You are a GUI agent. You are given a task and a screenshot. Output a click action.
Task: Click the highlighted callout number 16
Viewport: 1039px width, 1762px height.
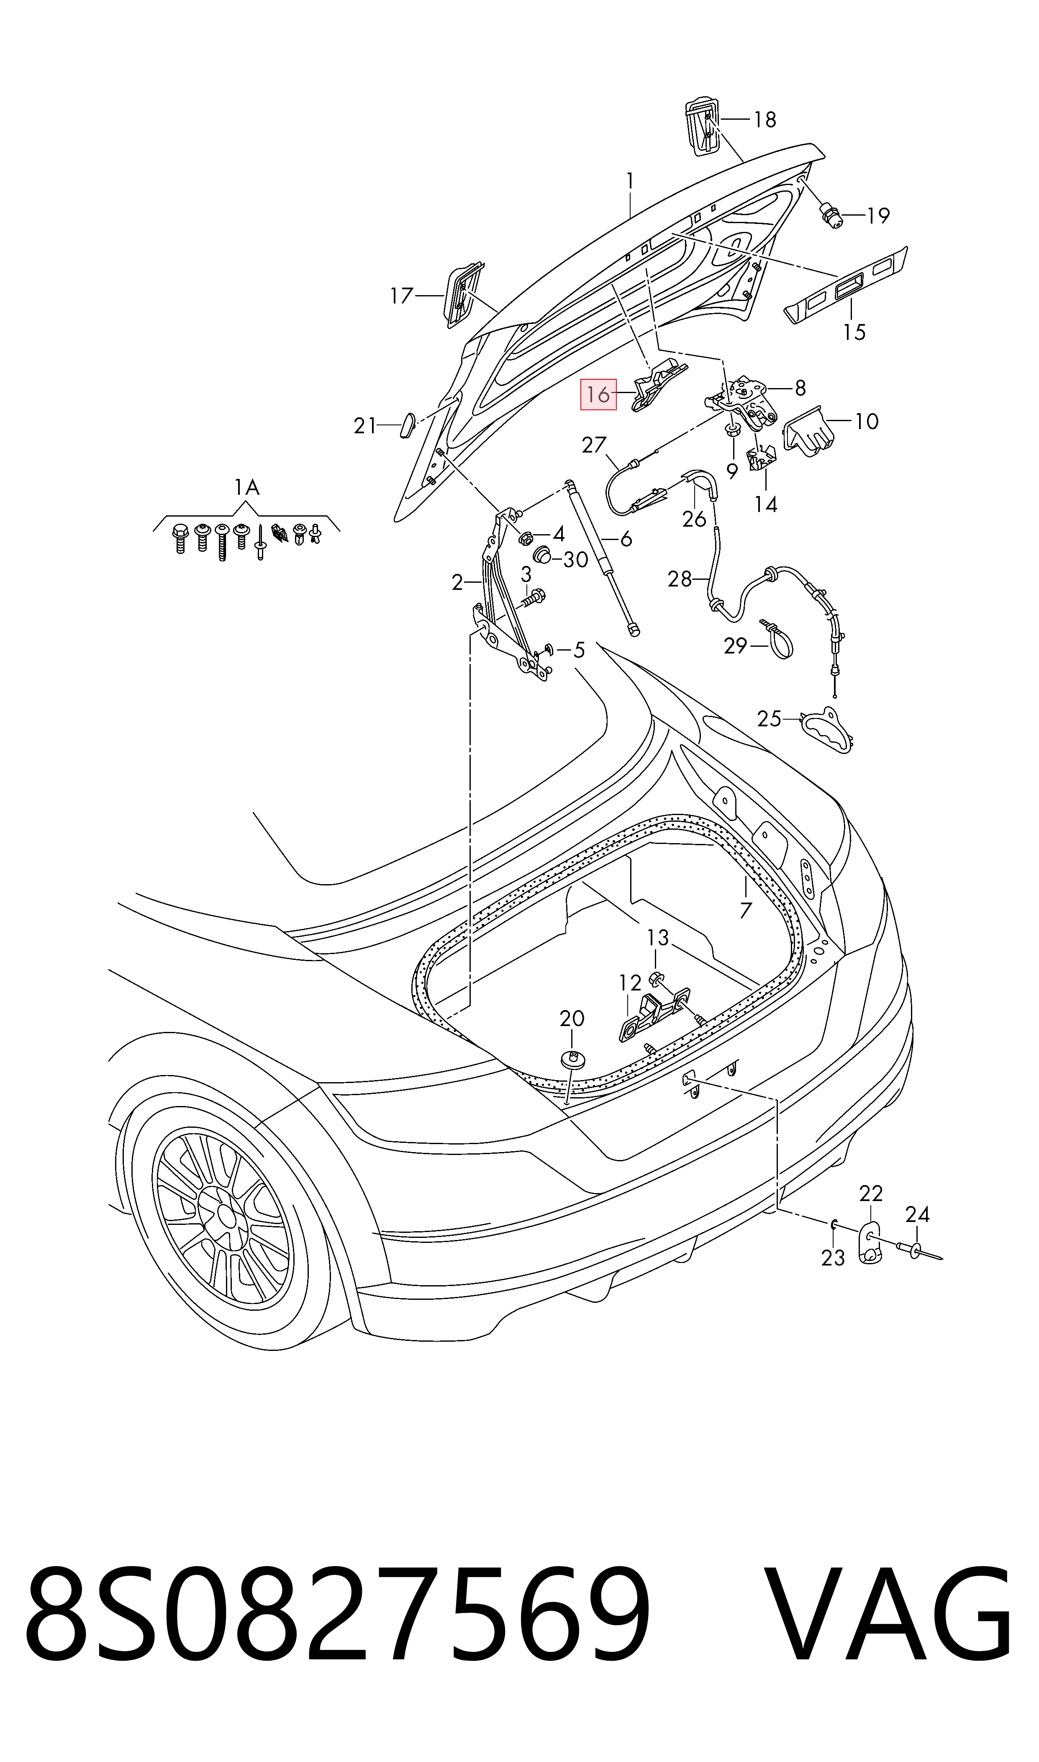[x=598, y=395]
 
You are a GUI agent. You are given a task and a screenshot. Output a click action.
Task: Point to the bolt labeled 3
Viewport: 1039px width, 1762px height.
[x=534, y=599]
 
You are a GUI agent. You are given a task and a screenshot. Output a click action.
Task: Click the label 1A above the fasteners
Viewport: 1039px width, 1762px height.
[x=246, y=487]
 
